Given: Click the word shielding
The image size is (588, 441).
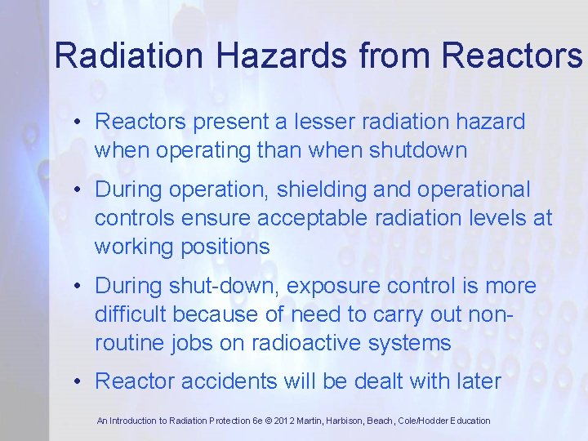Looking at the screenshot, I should coord(317,190).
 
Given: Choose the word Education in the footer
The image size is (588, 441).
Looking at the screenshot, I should coord(468,421).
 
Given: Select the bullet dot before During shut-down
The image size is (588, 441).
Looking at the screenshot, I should coord(75,287).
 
